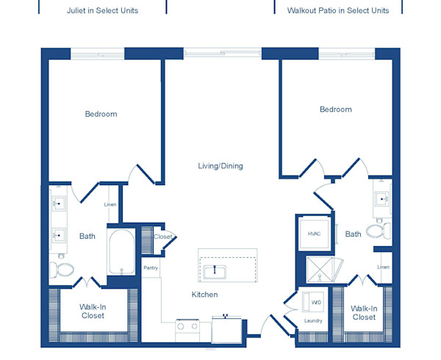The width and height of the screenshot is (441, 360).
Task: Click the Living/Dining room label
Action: tap(220, 166)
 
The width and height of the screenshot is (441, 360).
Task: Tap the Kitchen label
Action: tap(205, 295)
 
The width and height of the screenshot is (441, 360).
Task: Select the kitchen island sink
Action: tap(215, 272)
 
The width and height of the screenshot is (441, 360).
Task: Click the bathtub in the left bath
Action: tap(122, 252)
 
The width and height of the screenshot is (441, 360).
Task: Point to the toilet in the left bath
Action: tap(62, 270)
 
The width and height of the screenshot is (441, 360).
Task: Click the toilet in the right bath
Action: tap(379, 231)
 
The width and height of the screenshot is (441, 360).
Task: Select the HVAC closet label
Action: tap(314, 234)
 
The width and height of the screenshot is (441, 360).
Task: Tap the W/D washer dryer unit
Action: tap(313, 303)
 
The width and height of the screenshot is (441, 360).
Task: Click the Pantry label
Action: tap(151, 268)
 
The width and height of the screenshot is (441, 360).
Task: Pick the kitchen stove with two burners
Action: tap(187, 331)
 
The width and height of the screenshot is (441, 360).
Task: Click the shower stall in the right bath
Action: tap(320, 269)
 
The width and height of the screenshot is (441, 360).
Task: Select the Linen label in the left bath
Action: tap(110, 204)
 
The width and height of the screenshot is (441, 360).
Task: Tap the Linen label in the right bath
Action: tap(384, 267)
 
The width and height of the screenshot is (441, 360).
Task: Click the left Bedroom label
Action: tap(101, 114)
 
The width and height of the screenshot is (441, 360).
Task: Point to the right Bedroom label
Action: tap(336, 109)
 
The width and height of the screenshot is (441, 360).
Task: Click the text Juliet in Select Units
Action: tap(103, 10)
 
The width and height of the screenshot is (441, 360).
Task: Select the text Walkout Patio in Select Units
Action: tap(338, 10)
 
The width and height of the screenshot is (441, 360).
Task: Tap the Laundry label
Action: tap(313, 320)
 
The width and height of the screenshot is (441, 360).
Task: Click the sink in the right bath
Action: tap(382, 199)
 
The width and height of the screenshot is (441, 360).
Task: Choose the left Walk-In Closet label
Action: tap(93, 311)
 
